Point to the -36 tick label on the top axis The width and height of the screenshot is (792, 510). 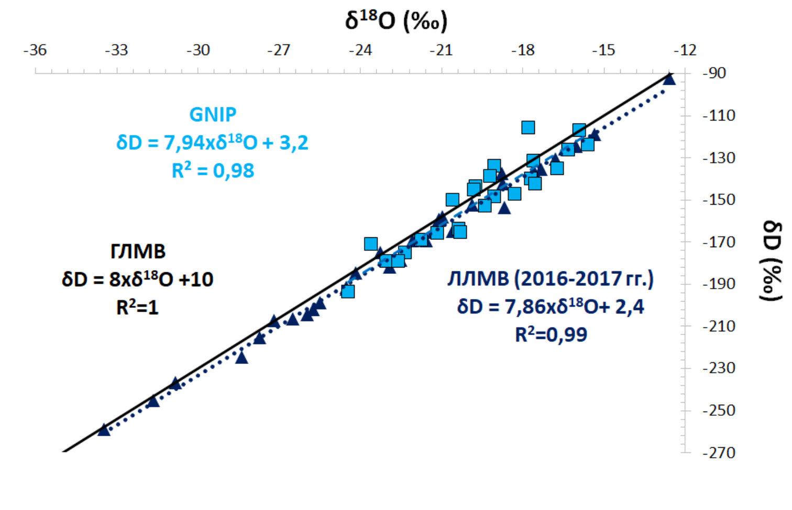(35, 50)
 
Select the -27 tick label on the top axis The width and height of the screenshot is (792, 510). (279, 50)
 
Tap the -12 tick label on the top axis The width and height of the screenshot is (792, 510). (685, 50)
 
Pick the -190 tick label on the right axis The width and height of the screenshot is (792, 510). (718, 284)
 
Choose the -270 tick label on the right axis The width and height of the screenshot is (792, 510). (718, 452)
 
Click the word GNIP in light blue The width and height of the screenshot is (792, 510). (213, 114)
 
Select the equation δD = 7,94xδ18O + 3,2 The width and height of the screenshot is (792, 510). (213, 142)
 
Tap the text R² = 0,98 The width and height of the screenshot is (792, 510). (213, 171)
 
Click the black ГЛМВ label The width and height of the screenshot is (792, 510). (138, 251)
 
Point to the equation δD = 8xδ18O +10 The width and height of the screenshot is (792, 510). (138, 279)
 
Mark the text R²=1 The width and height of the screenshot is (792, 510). (137, 307)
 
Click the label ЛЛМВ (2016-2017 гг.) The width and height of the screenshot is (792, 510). (551, 279)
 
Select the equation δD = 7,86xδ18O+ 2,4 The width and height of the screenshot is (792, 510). (551, 306)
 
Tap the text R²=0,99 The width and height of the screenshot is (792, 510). (551, 335)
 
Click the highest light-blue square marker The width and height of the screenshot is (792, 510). (528, 127)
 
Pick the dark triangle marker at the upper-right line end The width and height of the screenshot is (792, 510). (669, 79)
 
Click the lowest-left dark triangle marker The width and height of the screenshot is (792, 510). (104, 429)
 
